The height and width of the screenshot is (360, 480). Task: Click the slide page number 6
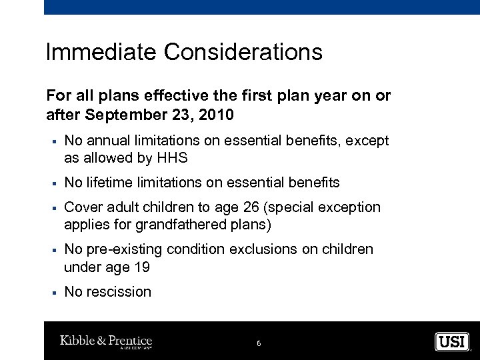click(x=259, y=343)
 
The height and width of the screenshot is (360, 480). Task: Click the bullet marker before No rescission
click(x=51, y=293)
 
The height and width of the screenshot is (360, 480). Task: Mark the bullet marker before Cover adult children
click(x=51, y=208)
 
